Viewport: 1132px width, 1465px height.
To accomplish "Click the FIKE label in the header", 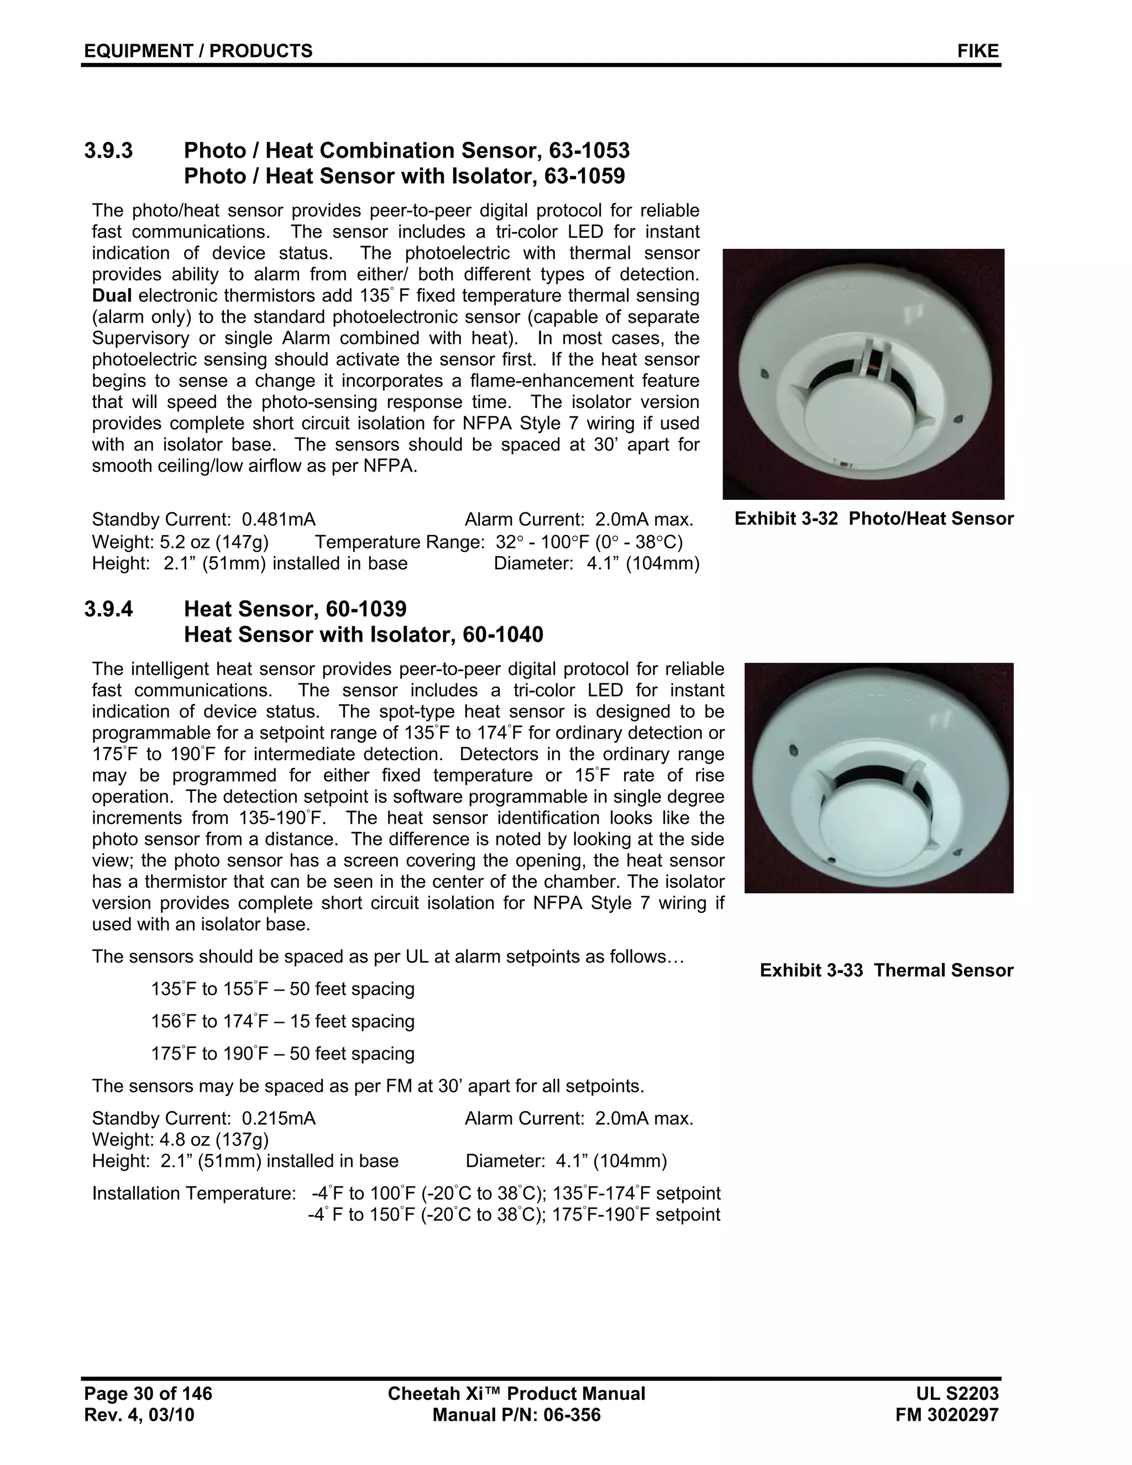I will click(977, 51).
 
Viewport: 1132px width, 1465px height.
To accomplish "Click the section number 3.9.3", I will click(109, 151).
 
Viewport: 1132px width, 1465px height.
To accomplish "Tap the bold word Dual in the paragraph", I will click(112, 296).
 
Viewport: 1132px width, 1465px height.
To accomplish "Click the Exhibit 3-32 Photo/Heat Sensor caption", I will click(873, 519).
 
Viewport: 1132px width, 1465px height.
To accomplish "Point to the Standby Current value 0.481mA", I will click(279, 520).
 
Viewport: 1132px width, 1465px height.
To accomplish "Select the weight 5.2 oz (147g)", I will click(180, 542).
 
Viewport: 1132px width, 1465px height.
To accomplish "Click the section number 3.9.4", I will click(109, 609).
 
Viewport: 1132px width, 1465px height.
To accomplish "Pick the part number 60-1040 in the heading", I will click(502, 635).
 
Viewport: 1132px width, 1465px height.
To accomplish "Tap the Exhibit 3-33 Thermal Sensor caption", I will click(886, 971).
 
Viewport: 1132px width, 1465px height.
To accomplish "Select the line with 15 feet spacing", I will click(282, 1022).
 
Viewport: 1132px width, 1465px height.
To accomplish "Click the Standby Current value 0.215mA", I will click(279, 1119).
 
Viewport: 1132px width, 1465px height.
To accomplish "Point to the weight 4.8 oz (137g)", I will click(180, 1140).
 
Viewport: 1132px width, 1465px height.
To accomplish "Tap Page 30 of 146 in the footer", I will click(148, 1394).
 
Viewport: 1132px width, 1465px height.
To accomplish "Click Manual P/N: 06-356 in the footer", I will click(516, 1415).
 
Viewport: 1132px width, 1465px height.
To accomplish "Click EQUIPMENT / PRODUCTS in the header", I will click(198, 51).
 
